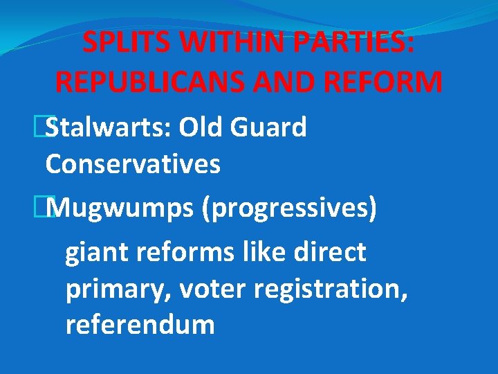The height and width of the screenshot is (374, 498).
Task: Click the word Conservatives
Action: [133, 165]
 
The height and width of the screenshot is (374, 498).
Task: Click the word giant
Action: [96, 253]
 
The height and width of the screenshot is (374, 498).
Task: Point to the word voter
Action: [212, 290]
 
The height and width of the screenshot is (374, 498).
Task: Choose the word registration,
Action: [331, 290]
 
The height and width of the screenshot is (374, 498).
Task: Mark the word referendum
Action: [140, 324]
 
